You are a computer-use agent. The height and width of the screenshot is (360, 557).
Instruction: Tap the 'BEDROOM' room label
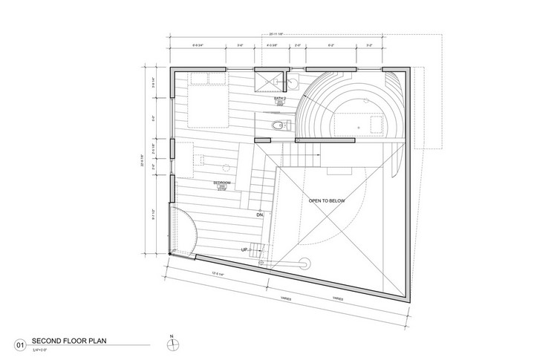click(221, 182)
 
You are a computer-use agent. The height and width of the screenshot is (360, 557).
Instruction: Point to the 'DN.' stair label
click(261, 215)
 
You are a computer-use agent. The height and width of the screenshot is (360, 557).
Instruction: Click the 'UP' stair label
click(244, 250)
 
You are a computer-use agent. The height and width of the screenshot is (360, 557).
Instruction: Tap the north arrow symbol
click(172, 343)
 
